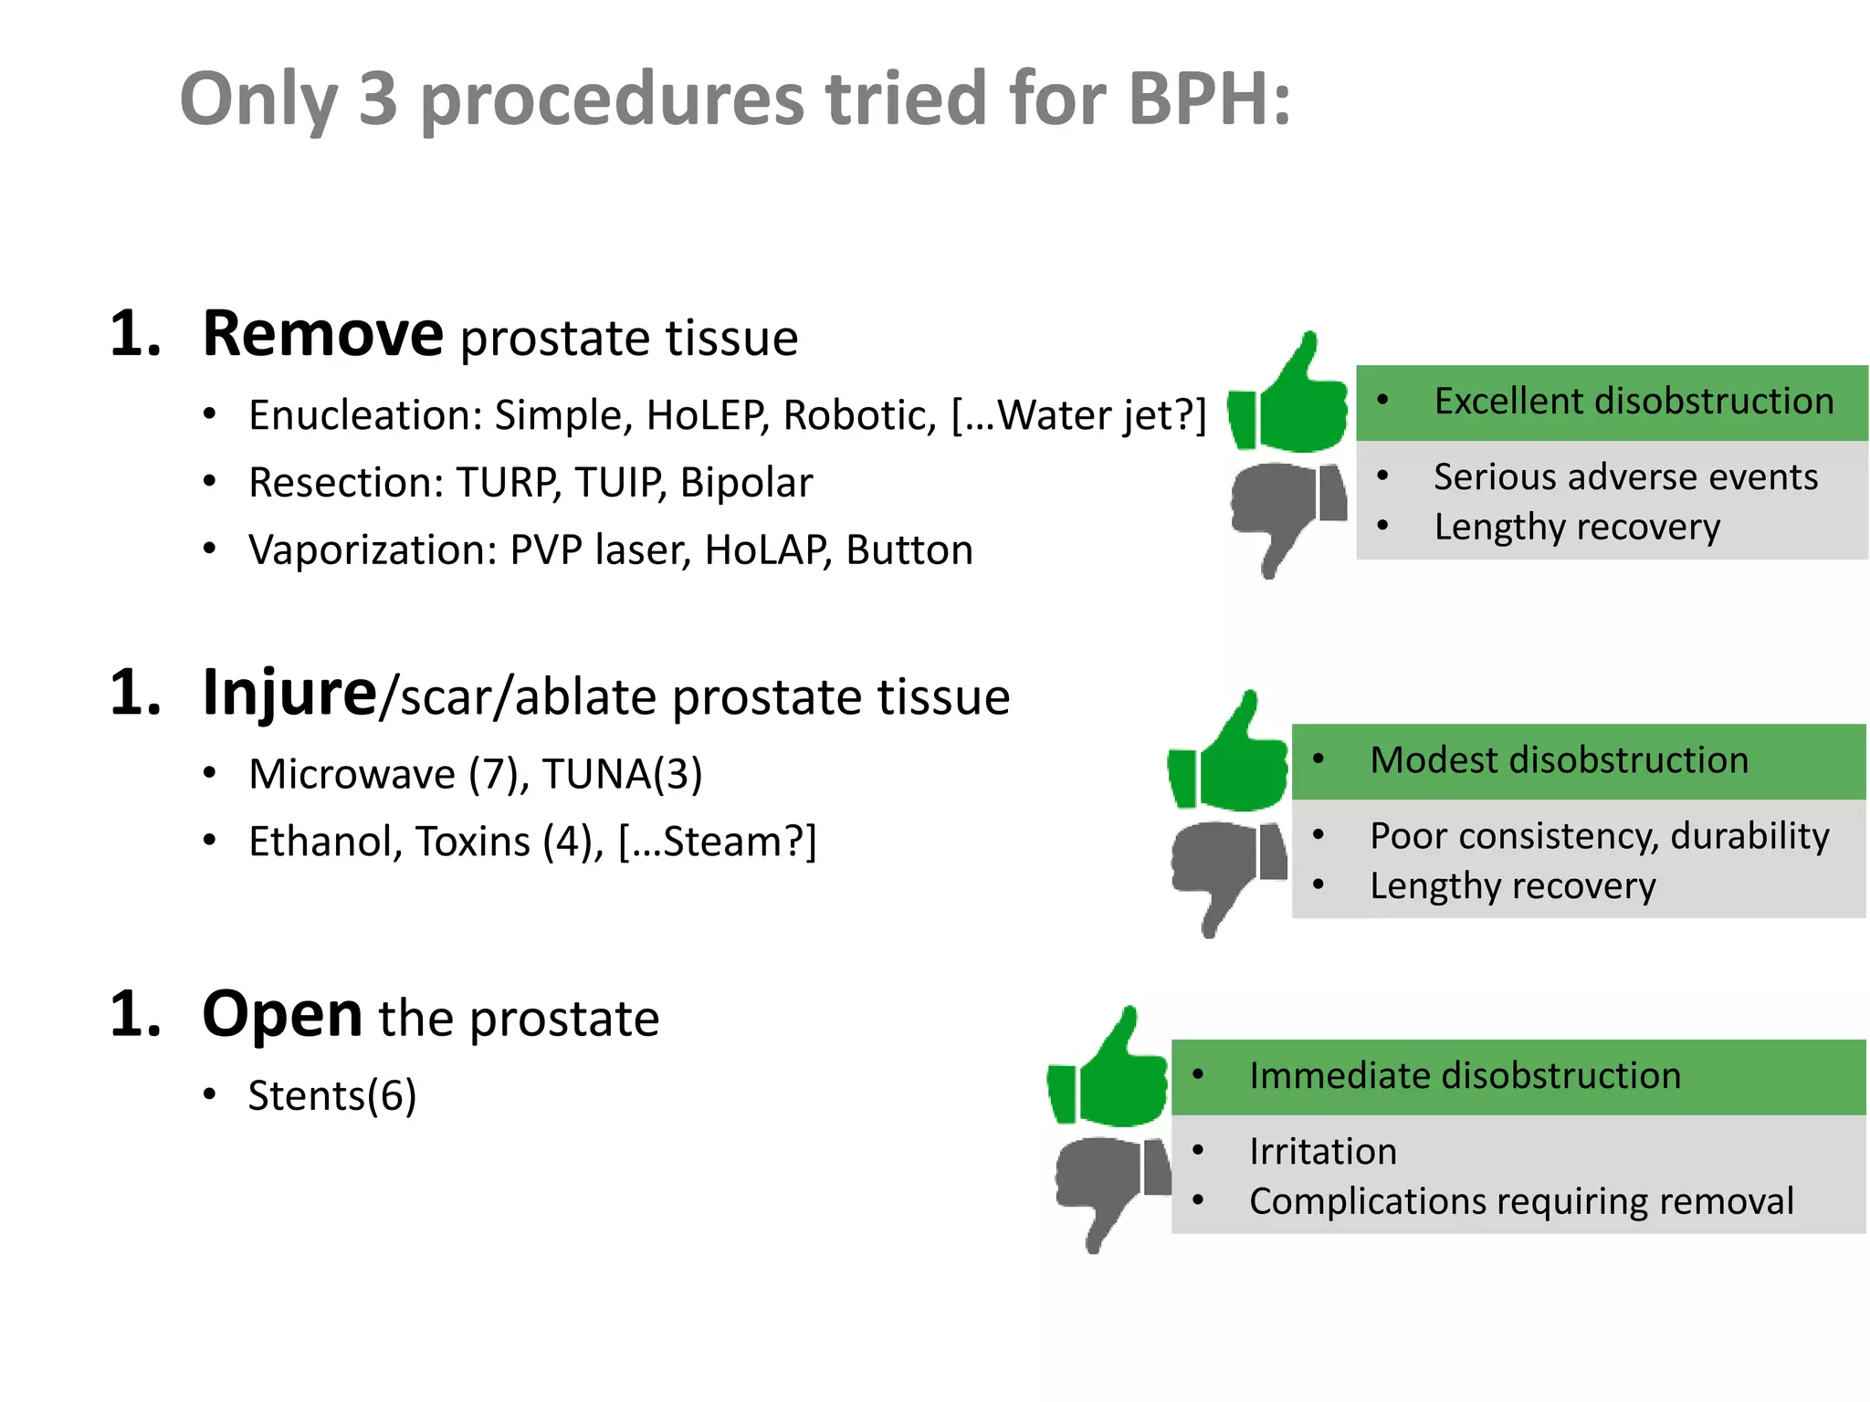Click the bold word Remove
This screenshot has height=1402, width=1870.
pos(322,334)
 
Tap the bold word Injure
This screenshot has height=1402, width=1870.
pos(289,694)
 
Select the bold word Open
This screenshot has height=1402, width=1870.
pos(282,1015)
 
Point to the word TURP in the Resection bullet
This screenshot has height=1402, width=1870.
pos(507,483)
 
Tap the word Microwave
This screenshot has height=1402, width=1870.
pos(352,775)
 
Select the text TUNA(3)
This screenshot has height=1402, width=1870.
pos(622,775)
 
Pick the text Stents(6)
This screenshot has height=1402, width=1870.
pos(332,1095)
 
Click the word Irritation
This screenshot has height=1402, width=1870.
pos(1322,1152)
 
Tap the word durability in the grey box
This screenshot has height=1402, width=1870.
pos(1749,837)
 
